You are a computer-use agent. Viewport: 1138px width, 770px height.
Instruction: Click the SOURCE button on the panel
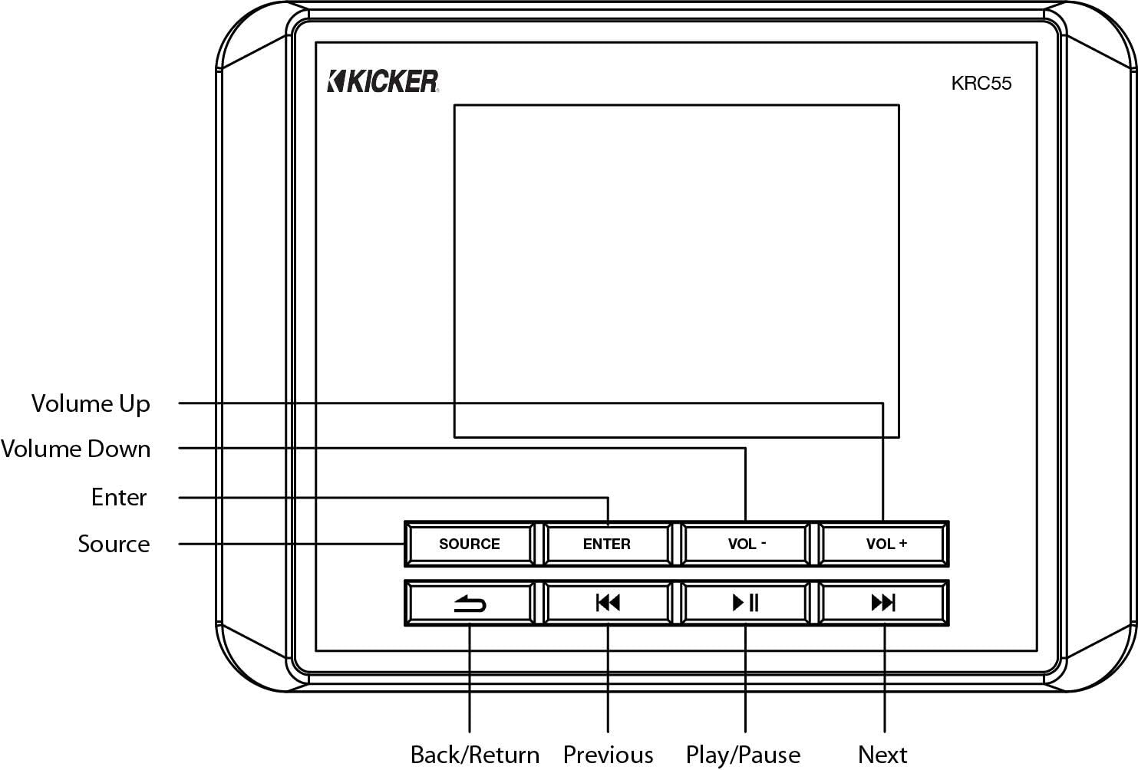click(469, 544)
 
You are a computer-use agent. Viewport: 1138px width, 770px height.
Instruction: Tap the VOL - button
click(745, 544)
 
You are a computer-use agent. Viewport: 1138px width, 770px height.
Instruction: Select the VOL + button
click(884, 544)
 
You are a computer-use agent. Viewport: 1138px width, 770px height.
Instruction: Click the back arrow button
click(469, 604)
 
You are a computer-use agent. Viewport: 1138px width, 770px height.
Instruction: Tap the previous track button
click(607, 604)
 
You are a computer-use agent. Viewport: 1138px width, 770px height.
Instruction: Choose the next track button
click(884, 604)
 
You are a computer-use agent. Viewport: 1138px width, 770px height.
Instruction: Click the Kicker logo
click(383, 81)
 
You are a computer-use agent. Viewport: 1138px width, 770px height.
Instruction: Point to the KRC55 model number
click(981, 83)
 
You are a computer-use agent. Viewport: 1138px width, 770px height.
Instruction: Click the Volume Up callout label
click(91, 403)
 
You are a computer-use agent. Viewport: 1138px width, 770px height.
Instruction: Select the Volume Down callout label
click(75, 449)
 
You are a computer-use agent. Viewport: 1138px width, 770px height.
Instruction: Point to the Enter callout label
click(118, 497)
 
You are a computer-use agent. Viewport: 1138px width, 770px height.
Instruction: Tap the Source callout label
click(114, 544)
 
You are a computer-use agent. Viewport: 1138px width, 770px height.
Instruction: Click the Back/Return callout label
click(474, 755)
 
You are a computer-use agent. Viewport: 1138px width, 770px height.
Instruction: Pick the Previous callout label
click(608, 755)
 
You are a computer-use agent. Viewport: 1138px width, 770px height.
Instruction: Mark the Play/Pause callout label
click(743, 755)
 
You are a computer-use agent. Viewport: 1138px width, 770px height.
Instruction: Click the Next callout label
click(882, 755)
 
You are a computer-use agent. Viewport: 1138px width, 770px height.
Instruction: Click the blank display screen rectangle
click(676, 253)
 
